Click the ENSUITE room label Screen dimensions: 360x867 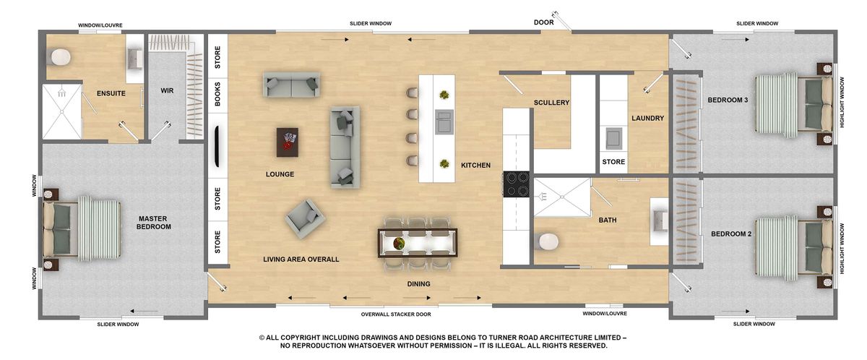[111, 93]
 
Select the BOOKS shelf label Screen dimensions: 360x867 [217, 94]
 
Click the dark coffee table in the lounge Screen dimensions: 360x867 [288, 142]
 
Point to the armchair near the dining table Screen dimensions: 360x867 [304, 218]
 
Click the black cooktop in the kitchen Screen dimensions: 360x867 [517, 184]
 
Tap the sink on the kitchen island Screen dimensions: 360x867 [443, 121]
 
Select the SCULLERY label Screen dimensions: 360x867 [552, 103]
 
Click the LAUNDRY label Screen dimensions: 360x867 [647, 119]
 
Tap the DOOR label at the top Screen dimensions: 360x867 [543, 22]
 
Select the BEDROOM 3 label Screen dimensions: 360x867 [727, 100]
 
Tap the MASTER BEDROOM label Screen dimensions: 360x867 [155, 222]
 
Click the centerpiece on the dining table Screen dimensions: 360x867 [398, 244]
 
